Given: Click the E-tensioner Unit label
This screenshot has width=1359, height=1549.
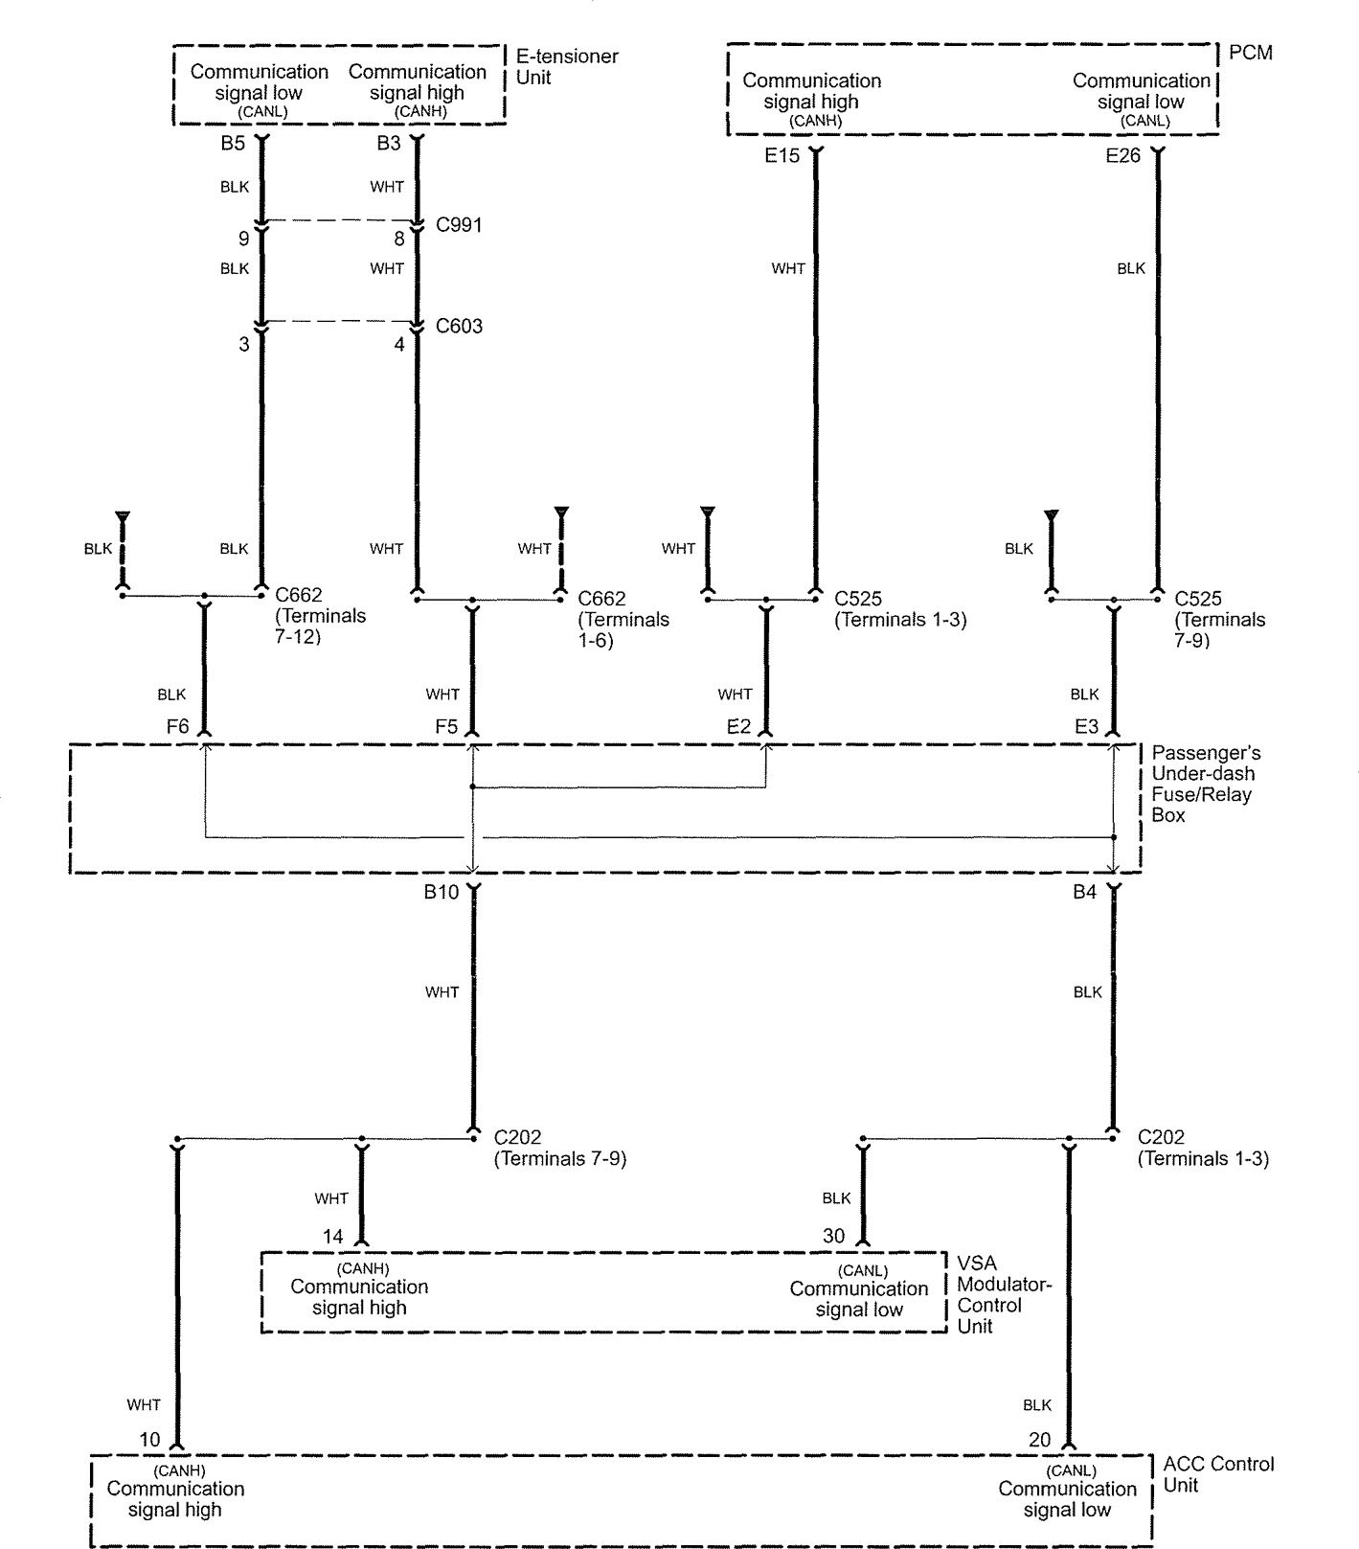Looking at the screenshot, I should coord(566,67).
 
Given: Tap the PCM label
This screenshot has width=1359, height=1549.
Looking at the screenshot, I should coord(1250,53).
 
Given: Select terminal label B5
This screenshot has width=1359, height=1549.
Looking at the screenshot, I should coord(234,144).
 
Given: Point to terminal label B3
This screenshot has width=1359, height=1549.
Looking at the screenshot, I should coord(388,144).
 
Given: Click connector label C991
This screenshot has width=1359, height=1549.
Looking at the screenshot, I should coord(459,225).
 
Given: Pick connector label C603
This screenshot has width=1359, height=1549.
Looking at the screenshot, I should coord(459,327).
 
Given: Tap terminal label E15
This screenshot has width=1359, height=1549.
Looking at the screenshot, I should coord(781,155).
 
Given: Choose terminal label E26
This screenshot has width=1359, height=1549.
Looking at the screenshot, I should coord(1122,155).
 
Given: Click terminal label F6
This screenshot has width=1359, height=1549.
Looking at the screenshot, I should coord(177,727).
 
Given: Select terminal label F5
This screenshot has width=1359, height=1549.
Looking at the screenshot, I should coord(446,727).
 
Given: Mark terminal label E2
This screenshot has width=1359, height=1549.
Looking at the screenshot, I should coord(738,727).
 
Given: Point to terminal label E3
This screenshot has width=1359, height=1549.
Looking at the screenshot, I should coord(1086,727).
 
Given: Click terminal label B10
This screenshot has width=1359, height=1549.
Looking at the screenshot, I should coord(442,893).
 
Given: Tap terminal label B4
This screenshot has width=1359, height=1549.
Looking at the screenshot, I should coord(1084,893).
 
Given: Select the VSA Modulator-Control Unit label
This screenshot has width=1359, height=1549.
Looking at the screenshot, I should coord(1003,1294).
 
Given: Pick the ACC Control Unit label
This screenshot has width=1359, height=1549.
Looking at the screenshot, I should coord(1218,1474).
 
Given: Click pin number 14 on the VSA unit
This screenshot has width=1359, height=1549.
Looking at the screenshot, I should coord(332,1237).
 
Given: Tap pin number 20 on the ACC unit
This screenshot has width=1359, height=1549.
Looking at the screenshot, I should coord(1039,1440).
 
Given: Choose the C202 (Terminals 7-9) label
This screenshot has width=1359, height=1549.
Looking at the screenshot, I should coord(559,1148).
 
